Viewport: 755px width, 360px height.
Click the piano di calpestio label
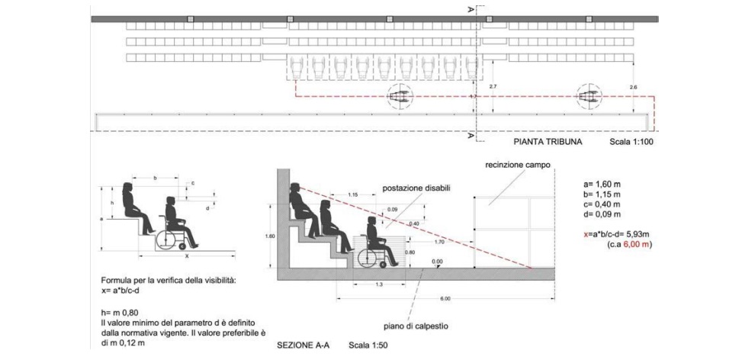pos(416,326)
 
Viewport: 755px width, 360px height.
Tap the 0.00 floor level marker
pos(438,261)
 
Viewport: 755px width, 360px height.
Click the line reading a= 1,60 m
pos(603,184)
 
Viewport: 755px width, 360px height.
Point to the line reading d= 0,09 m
pos(603,216)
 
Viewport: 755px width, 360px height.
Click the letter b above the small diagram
pos(156,178)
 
